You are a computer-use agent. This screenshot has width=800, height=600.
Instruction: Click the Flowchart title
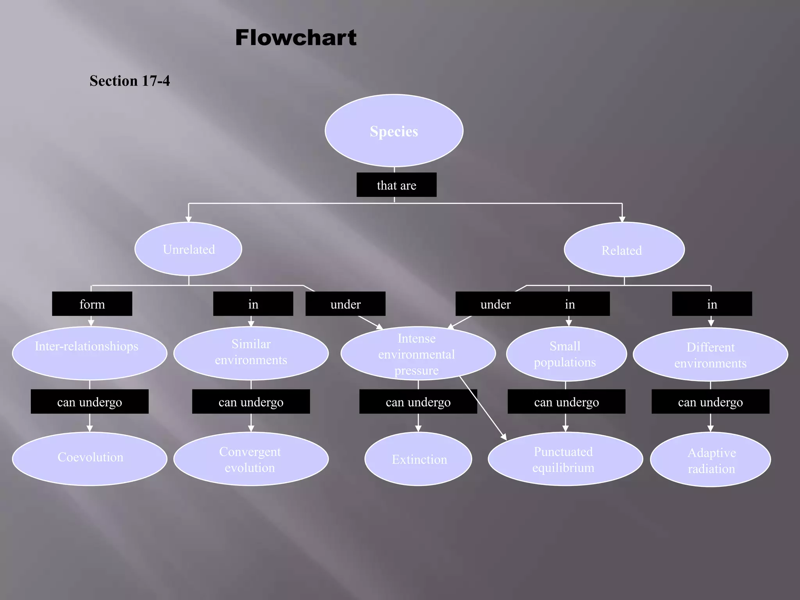pyautogui.click(x=296, y=38)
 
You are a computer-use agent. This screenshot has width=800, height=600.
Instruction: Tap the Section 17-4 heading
pyautogui.click(x=130, y=81)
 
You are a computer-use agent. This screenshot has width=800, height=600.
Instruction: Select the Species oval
pyautogui.click(x=394, y=131)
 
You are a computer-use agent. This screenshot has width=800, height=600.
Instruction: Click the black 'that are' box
pyautogui.click(x=396, y=185)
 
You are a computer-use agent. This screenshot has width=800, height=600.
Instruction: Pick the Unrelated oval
pyautogui.click(x=188, y=249)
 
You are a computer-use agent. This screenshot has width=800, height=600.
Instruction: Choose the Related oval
pyautogui.click(x=624, y=250)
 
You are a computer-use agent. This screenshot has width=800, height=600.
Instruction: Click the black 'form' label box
pyautogui.click(x=92, y=304)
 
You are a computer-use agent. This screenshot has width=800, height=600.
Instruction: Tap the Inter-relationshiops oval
pyautogui.click(x=89, y=353)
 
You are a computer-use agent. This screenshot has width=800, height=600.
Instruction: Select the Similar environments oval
pyautogui.click(x=251, y=353)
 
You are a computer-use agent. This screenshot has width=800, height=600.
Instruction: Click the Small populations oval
pyautogui.click(x=566, y=354)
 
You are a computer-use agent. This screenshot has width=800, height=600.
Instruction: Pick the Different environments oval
pyautogui.click(x=710, y=355)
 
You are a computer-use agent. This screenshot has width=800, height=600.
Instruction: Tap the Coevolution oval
pyautogui.click(x=89, y=459)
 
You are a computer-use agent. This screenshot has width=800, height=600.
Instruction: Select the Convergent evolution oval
pyautogui.click(x=251, y=459)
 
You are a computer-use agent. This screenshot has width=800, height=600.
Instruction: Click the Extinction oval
pyautogui.click(x=418, y=459)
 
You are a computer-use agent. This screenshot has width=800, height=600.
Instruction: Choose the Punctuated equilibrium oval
pyautogui.click(x=565, y=459)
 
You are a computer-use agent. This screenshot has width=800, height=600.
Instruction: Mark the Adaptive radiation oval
pyautogui.click(x=710, y=460)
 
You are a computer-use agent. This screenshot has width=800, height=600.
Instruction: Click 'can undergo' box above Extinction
pyautogui.click(x=418, y=402)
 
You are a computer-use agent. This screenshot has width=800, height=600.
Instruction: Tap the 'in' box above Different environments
pyautogui.click(x=712, y=304)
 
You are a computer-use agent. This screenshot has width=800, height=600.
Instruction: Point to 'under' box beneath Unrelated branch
pyautogui.click(x=345, y=304)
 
